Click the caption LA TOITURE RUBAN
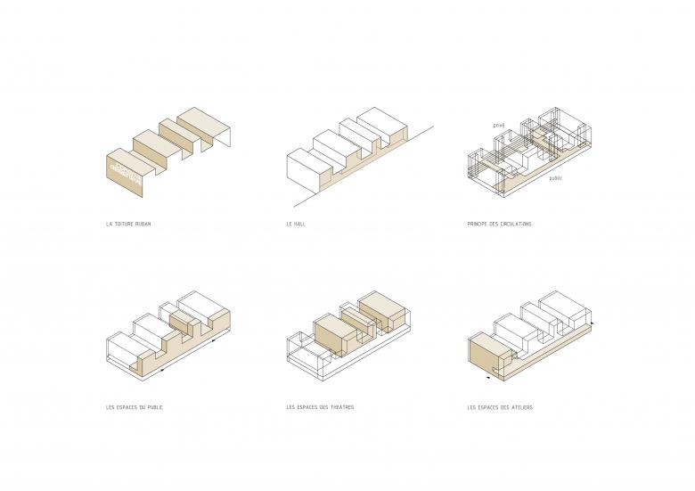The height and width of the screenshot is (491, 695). click(x=128, y=224)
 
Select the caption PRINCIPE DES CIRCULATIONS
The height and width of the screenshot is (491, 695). click(x=499, y=224)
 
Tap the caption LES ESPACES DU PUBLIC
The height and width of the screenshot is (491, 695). click(x=134, y=407)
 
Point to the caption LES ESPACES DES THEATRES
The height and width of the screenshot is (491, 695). click(x=320, y=407)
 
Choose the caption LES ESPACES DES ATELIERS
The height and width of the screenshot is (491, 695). click(x=500, y=407)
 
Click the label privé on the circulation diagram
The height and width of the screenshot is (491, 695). click(x=500, y=126)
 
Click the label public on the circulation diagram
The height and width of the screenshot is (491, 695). click(x=555, y=178)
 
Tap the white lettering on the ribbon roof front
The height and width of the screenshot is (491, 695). click(x=124, y=169)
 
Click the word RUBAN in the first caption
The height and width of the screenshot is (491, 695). click(x=143, y=224)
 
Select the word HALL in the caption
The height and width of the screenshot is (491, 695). click(x=304, y=224)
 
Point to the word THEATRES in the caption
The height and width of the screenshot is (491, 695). click(x=339, y=407)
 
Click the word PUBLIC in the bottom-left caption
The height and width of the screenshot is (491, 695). click(x=152, y=407)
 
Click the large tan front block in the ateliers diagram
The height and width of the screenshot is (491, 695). click(x=482, y=353)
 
